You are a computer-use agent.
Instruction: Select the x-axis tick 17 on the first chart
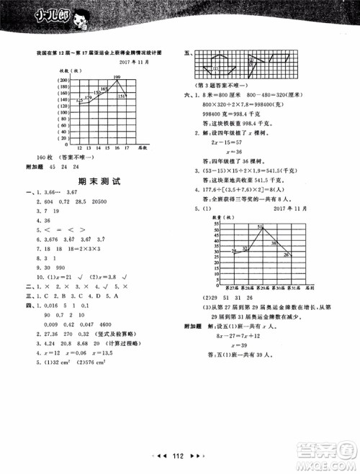click(x=127, y=147)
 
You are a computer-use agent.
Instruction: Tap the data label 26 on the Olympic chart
click(x=287, y=254)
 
